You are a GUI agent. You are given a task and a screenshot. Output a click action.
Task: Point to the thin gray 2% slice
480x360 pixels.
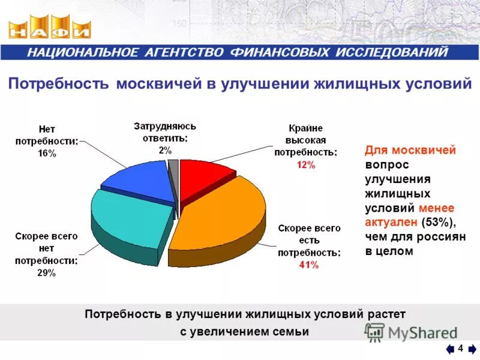tap(173, 174)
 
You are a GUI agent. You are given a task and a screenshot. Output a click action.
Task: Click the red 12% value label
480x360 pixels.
tap(305, 166)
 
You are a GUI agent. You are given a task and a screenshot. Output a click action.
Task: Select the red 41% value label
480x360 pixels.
tap(309, 266)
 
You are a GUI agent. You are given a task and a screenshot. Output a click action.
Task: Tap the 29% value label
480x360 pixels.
tap(46, 273)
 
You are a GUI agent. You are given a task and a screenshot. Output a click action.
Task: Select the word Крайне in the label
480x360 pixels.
tap(305, 128)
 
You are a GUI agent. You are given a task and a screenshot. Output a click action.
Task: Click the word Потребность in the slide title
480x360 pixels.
tap(58, 84)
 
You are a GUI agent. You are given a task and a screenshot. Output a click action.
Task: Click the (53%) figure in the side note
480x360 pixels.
tap(439, 223)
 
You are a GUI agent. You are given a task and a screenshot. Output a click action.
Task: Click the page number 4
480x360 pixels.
tap(460, 349)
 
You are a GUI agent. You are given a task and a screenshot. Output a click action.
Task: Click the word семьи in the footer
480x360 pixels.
tap(290, 332)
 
